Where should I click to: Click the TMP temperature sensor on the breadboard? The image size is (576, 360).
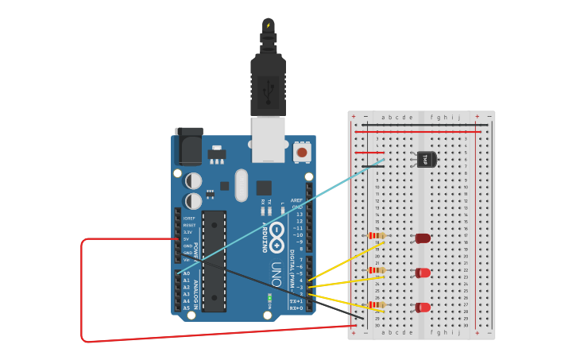pyautogui.click(x=427, y=160)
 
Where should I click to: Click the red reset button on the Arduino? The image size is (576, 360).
pyautogui.click(x=302, y=152)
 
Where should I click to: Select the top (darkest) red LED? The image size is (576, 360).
pyautogui.click(x=423, y=238)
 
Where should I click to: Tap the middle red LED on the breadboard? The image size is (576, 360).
pyautogui.click(x=423, y=273)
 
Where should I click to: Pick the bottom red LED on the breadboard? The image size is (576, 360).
pyautogui.click(x=423, y=307)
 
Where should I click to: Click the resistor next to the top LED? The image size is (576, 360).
pyautogui.click(x=377, y=235)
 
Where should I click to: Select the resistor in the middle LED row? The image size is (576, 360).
pyautogui.click(x=377, y=270)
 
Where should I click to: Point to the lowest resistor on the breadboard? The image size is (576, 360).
pyautogui.click(x=377, y=304)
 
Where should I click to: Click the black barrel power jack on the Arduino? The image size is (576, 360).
pyautogui.click(x=188, y=146)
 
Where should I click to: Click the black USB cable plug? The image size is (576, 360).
pyautogui.click(x=268, y=84)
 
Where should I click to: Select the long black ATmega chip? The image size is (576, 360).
pyautogui.click(x=214, y=261)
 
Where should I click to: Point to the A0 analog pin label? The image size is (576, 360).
pyautogui.click(x=186, y=273)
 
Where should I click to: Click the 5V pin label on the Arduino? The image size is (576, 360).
pyautogui.click(x=186, y=238)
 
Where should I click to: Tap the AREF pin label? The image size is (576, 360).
pyautogui.click(x=296, y=200)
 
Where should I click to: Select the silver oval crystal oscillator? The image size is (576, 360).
pyautogui.click(x=241, y=184)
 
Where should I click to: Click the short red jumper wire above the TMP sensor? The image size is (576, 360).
pyautogui.click(x=370, y=153)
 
